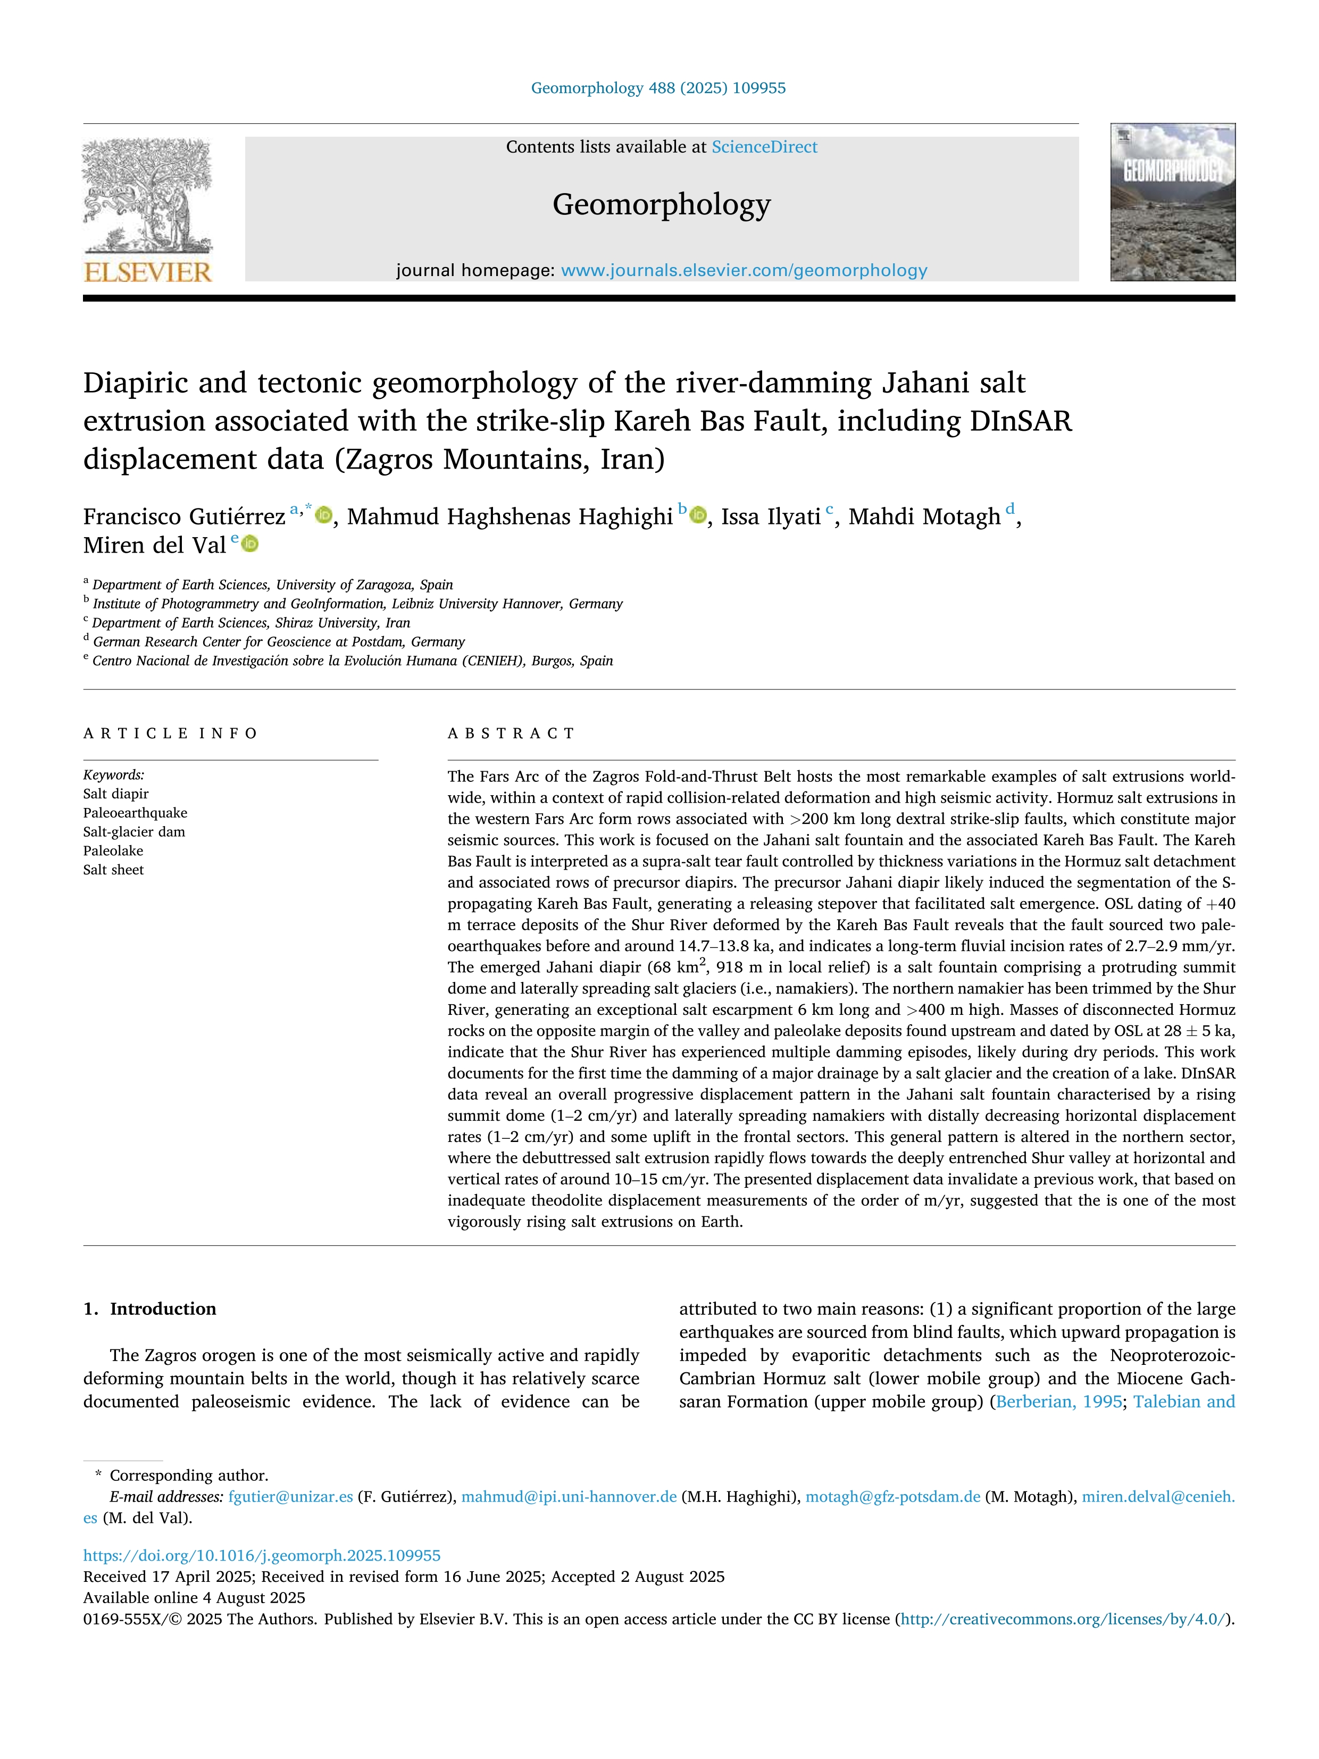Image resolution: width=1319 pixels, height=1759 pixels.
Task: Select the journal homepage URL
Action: [x=744, y=270]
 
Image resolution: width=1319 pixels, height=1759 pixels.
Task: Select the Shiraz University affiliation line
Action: [x=251, y=623]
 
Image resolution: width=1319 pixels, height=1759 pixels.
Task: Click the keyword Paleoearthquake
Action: [x=135, y=813]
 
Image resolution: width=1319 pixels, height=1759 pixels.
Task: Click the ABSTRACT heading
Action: [x=511, y=733]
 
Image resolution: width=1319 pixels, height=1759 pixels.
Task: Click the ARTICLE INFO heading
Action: [x=170, y=733]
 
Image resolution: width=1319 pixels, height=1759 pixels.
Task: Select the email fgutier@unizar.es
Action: [x=290, y=1497]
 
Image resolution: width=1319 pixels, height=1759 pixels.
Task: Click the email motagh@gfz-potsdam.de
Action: [x=893, y=1497]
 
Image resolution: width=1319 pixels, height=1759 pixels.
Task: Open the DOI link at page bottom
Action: [x=262, y=1555]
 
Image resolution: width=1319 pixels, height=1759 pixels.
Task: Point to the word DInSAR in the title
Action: [x=1020, y=421]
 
